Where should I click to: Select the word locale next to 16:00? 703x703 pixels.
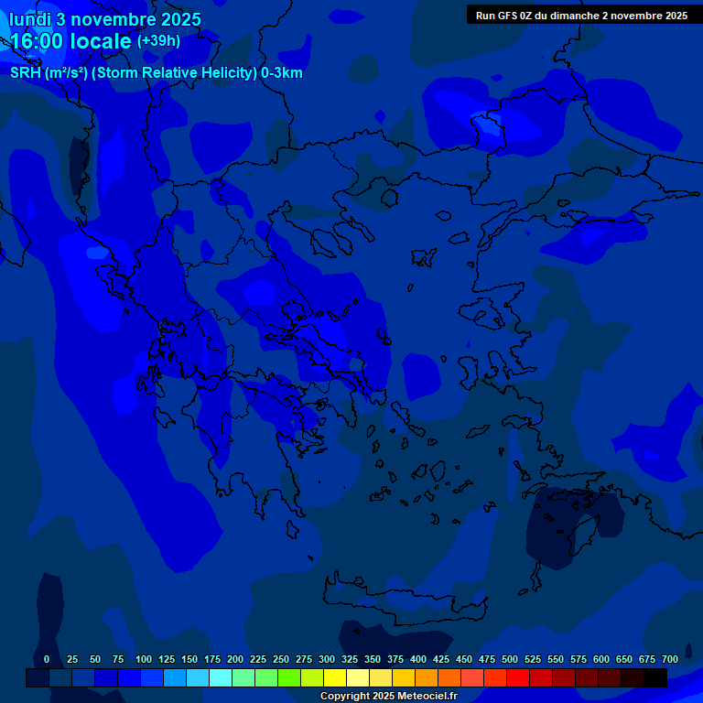(x=103, y=42)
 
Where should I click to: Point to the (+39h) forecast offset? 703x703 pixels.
(x=158, y=41)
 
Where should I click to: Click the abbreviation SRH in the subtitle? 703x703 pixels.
(x=25, y=73)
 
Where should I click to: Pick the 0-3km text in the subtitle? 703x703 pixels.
(x=281, y=73)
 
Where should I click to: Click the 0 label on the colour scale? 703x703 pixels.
(x=47, y=659)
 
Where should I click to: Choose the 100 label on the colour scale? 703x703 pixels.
(x=143, y=659)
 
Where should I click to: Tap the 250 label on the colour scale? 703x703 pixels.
(x=281, y=659)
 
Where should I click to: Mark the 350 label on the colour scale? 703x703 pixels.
(x=373, y=659)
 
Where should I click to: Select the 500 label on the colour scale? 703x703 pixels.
(x=510, y=659)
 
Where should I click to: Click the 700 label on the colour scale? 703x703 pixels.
(x=670, y=659)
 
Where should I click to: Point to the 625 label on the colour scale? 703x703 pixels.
(x=624, y=659)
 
